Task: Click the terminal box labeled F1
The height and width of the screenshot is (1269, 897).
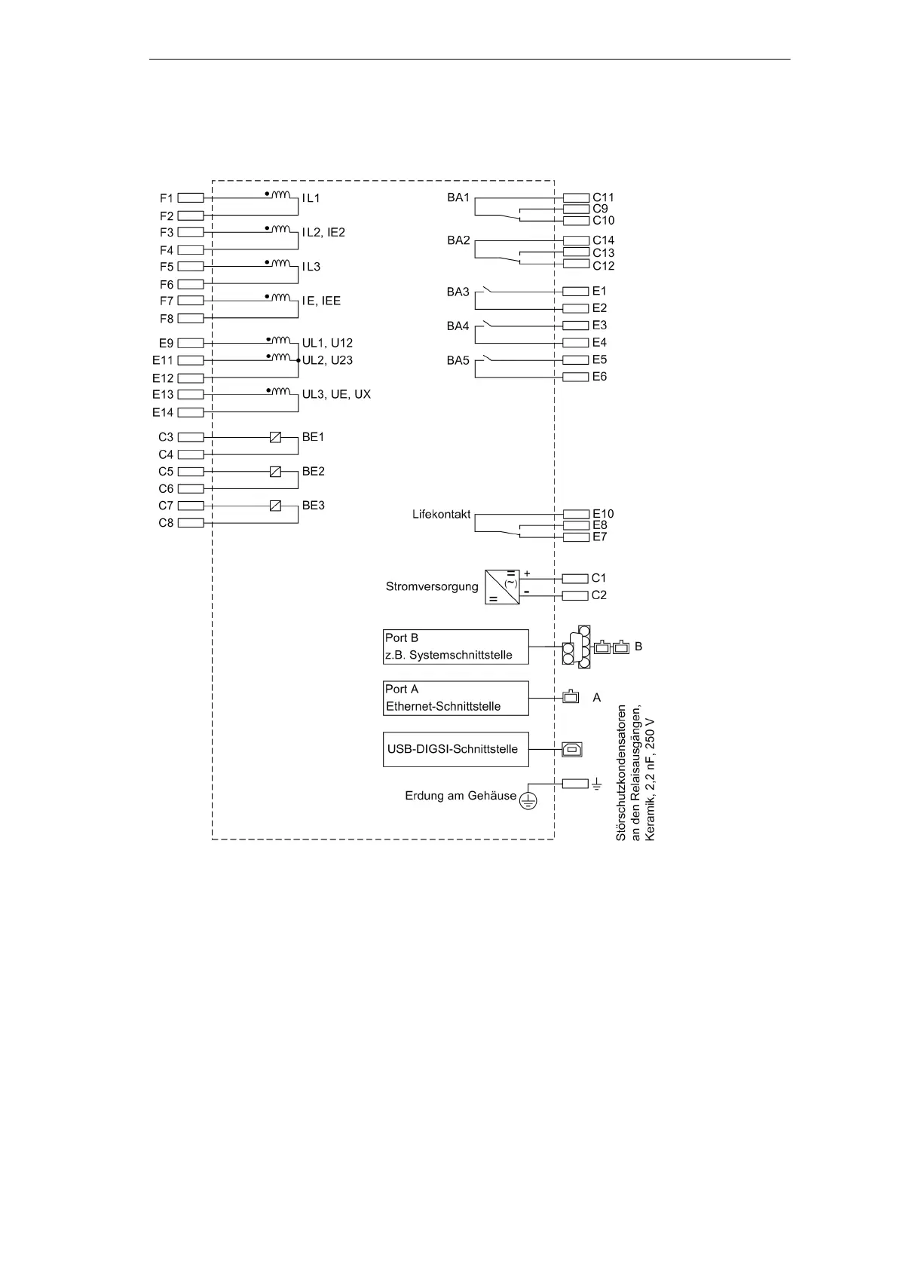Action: pos(191,198)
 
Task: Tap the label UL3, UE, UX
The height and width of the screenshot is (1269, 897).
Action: pos(336,394)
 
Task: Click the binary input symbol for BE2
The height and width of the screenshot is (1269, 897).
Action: pos(275,472)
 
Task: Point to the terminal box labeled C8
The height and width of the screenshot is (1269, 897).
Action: pos(191,523)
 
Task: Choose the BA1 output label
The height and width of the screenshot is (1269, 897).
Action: pos(458,197)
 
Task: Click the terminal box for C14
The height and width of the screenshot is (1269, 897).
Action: pos(576,240)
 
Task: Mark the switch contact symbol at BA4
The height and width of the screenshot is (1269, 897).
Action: pos(490,325)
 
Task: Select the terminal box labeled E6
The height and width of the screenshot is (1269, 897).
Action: pos(576,377)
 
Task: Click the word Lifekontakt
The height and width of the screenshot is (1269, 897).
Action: pos(442,514)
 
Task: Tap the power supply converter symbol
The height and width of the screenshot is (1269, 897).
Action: pos(502,586)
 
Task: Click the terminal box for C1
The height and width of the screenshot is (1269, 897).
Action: pos(576,578)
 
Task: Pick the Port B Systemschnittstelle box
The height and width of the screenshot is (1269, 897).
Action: pos(456,647)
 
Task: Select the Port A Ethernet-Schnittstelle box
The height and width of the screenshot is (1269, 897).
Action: pos(456,698)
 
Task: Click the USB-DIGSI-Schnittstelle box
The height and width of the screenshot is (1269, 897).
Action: pos(456,749)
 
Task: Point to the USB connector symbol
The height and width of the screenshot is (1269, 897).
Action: pos(572,749)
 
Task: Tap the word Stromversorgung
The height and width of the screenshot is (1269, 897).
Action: pos(432,586)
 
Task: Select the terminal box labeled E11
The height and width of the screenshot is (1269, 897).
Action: pos(191,360)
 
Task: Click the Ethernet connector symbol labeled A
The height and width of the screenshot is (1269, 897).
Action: pos(571,697)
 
